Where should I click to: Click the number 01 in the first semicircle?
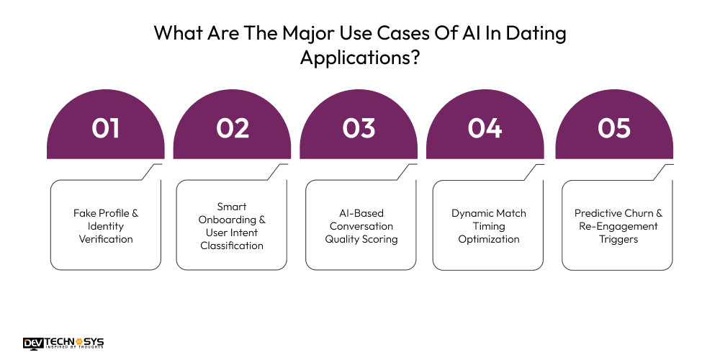pyautogui.click(x=105, y=128)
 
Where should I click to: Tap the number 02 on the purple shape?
pyautogui.click(x=233, y=128)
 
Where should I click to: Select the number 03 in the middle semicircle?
pyautogui.click(x=359, y=128)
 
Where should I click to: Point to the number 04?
pyautogui.click(x=485, y=128)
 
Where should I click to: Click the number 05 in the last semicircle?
pyautogui.click(x=614, y=128)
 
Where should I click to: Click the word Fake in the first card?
pyautogui.click(x=86, y=213)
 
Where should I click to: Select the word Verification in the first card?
pyautogui.click(x=106, y=239)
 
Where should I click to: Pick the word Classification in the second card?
pyautogui.click(x=232, y=246)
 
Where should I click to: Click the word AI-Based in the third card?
pyautogui.click(x=361, y=213)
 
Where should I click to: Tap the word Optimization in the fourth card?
pyautogui.click(x=488, y=239)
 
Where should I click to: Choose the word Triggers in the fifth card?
pyautogui.click(x=618, y=239)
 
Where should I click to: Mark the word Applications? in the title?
pyautogui.click(x=360, y=58)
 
